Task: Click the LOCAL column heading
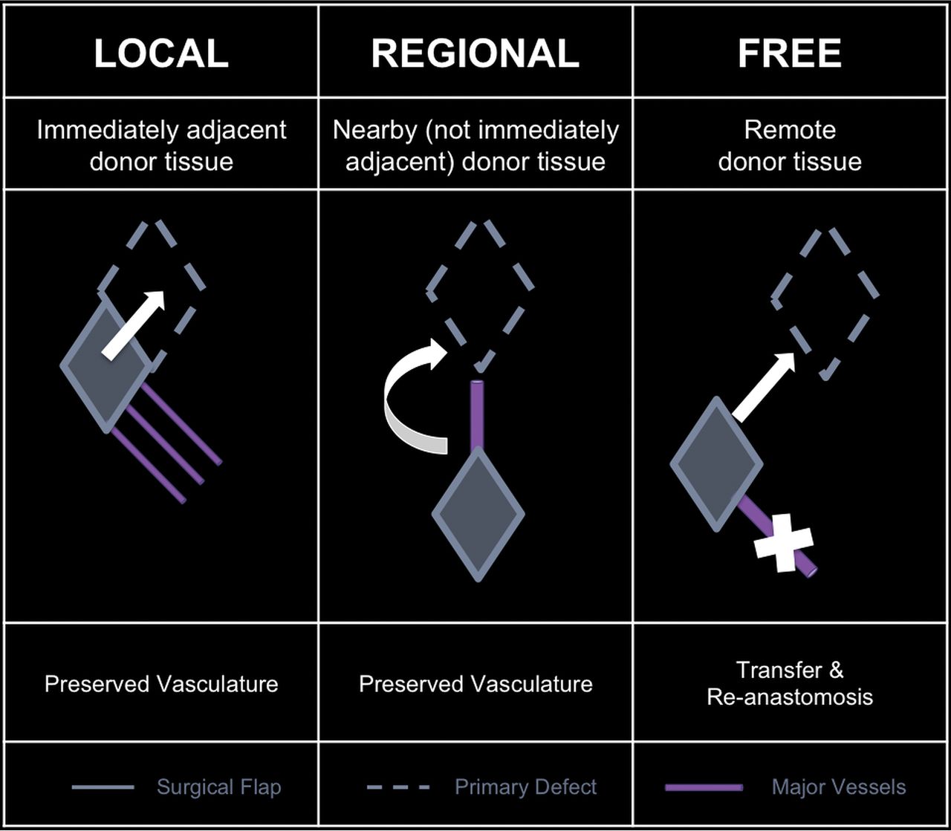tap(161, 53)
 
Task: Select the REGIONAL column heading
tap(475, 53)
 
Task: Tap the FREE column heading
tap(790, 53)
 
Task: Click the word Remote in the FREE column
tap(790, 130)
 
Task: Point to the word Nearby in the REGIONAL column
tap(374, 131)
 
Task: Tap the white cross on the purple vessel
tap(784, 543)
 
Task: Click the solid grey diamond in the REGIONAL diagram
tap(478, 514)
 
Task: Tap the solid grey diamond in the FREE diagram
tap(716, 463)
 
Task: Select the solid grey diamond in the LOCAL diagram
tap(106, 365)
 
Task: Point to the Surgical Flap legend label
tap(219, 786)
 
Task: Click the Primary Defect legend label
tap(526, 786)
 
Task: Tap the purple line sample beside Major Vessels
tap(704, 787)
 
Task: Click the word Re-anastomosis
tap(790, 697)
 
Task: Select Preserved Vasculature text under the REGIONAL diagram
tap(475, 684)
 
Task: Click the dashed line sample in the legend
tap(398, 787)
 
